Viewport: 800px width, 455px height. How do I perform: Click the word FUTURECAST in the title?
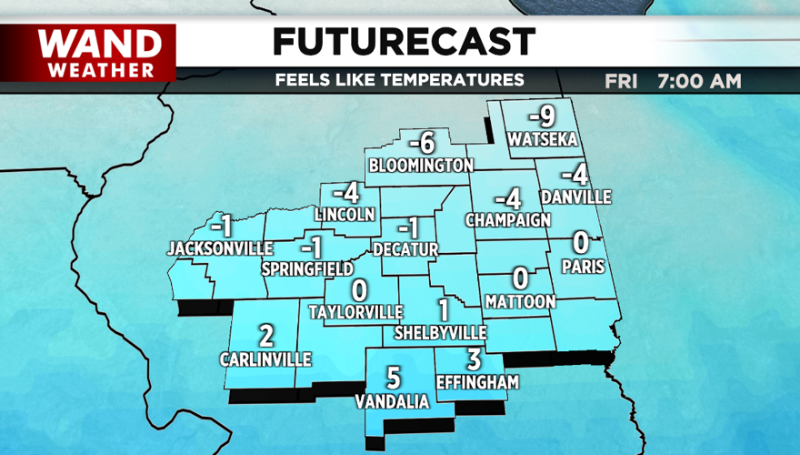click(404, 41)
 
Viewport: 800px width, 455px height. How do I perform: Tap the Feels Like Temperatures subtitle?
click(400, 80)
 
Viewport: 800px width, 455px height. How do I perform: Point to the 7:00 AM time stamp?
click(699, 81)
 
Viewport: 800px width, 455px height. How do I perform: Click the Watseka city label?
click(544, 139)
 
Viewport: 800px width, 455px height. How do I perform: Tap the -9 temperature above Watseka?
click(543, 116)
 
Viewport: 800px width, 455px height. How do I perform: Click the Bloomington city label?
click(421, 165)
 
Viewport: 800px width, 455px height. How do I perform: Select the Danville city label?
click(575, 197)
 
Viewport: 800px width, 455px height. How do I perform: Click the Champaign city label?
click(508, 220)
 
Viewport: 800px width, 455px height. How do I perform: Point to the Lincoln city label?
click(345, 215)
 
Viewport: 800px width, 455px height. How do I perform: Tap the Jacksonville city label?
click(220, 248)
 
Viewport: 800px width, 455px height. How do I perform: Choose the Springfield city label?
click(307, 269)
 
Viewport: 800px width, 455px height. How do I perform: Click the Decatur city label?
click(405, 248)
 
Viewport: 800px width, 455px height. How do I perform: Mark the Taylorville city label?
click(355, 311)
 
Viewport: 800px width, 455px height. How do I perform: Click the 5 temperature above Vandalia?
click(393, 377)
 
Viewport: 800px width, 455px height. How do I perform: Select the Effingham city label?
click(477, 382)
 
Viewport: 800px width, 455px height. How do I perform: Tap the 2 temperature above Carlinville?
click(265, 337)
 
